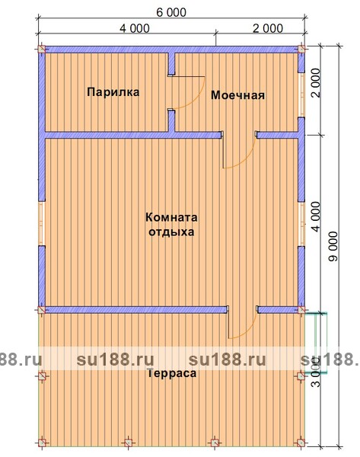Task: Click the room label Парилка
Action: (113, 92)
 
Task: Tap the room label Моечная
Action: (237, 95)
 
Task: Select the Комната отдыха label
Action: (171, 225)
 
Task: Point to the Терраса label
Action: (171, 373)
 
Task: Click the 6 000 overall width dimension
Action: (171, 12)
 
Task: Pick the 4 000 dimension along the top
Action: (135, 29)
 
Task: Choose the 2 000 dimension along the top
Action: (268, 29)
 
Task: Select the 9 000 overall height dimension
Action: (333, 246)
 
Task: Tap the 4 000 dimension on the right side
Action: (317, 216)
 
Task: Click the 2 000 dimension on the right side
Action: (316, 82)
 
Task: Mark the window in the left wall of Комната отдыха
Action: (42, 223)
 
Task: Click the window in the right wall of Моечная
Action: (301, 95)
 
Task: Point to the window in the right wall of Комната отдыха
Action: (301, 224)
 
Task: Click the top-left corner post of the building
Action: (42, 49)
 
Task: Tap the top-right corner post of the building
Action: (301, 49)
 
